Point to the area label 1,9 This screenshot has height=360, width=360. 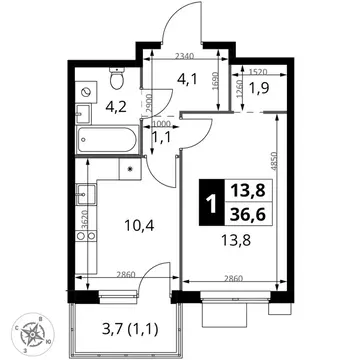[x=259, y=88]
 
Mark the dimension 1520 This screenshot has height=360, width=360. [x=258, y=72]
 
